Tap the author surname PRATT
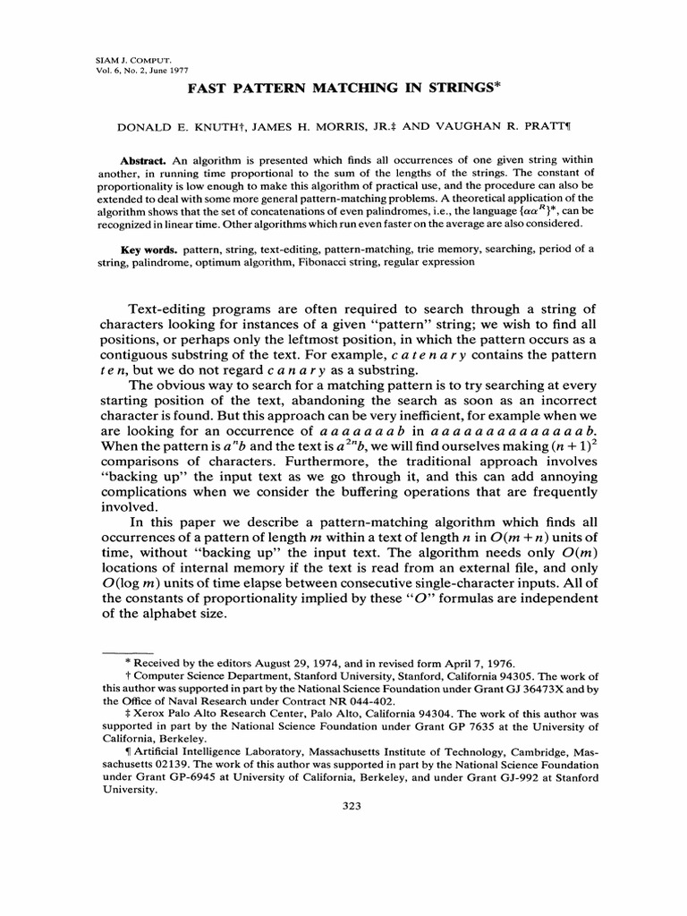click(523, 126)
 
